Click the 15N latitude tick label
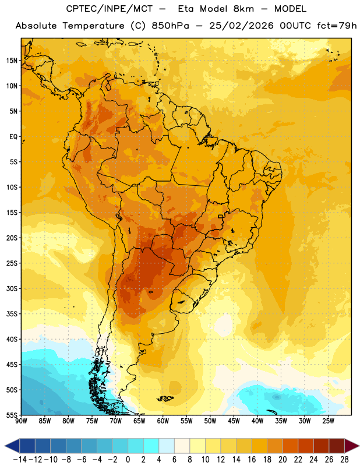pos(12,61)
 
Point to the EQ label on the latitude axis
pos(13,137)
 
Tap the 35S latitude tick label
pos(12,314)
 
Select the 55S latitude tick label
pos(12,415)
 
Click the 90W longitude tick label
pos(21,421)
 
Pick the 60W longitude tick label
pos(163,421)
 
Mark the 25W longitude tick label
pos(328,421)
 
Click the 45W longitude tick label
pos(234,421)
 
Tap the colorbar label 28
pos(344,460)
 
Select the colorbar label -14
pos(20,460)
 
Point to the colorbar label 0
pos(128,460)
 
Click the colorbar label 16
pos(252,460)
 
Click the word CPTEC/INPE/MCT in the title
pos(109,9)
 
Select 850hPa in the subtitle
pos(170,26)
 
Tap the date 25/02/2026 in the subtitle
pos(241,26)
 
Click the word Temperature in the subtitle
pos(93,26)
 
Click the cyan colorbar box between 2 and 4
pos(151,446)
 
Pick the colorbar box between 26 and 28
pos(337,446)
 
